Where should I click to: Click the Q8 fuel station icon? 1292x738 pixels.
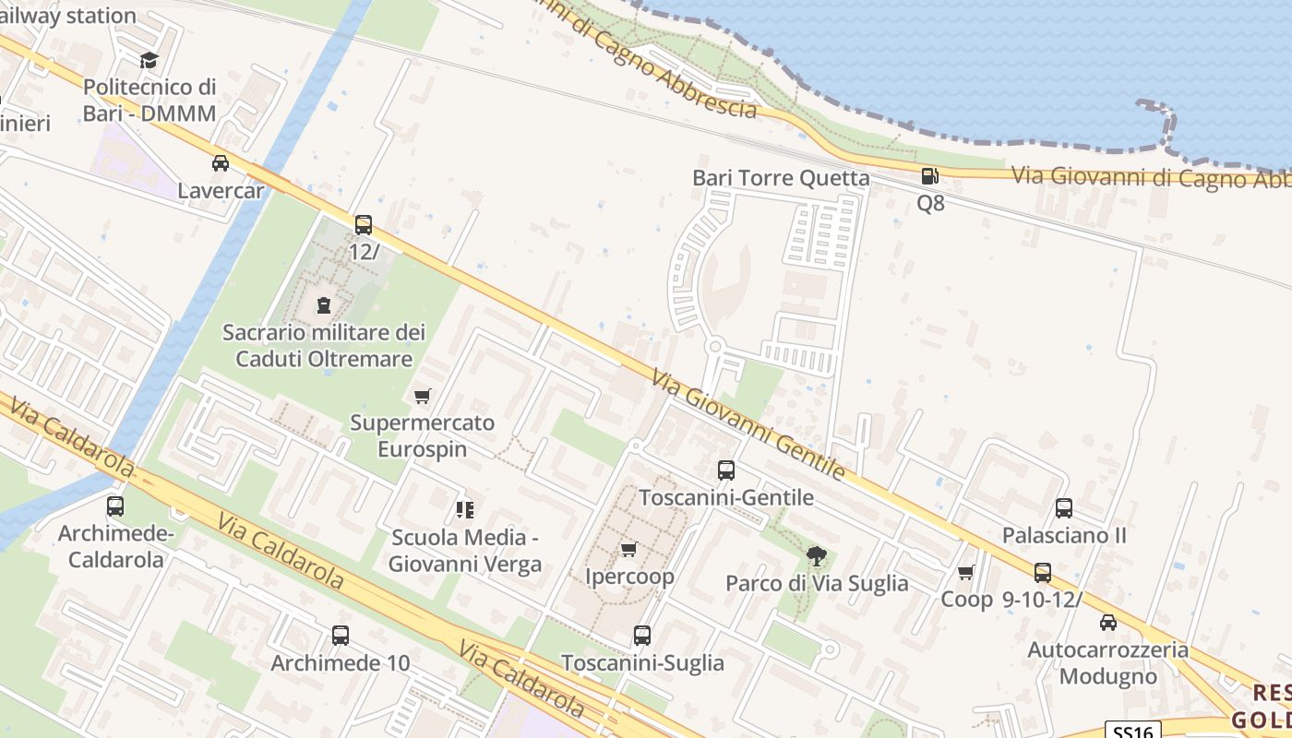929,176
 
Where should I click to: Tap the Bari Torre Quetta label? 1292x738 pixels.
781,178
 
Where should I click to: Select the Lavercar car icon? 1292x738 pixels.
221,163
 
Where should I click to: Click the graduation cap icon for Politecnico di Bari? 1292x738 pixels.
149,61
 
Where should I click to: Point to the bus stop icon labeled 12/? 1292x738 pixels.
364,224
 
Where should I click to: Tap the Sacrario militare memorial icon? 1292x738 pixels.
324,304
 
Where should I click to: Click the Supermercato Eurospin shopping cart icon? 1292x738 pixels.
423,396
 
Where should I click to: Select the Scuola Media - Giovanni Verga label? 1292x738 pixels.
464,551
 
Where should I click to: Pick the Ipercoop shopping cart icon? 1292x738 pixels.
629,549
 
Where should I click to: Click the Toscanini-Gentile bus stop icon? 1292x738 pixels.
726,470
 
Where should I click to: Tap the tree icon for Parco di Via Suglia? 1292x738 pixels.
816,555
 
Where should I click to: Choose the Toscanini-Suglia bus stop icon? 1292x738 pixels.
642,636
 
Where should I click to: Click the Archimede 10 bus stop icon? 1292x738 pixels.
341,636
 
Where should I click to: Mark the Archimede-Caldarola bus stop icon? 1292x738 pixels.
115,506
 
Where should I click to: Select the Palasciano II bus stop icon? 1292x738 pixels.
1064,508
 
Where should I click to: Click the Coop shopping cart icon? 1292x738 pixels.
966,573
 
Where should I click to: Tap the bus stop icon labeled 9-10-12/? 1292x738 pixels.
1043,573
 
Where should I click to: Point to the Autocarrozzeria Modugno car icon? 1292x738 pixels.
1108,623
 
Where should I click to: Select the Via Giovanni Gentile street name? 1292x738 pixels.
748,425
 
